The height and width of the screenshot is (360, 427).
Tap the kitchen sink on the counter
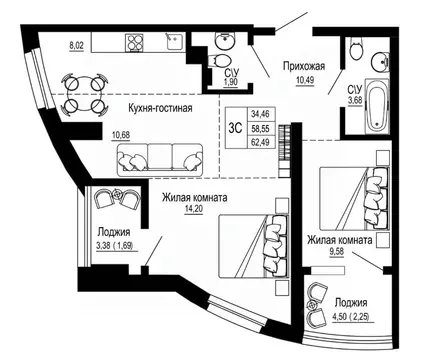(x=174, y=42)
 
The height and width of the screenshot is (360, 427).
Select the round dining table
(x=85, y=95)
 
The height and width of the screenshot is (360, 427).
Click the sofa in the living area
(x=160, y=160)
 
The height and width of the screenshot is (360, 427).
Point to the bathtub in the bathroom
(x=377, y=106)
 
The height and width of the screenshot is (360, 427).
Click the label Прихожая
(x=304, y=66)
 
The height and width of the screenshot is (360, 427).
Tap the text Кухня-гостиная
(x=160, y=108)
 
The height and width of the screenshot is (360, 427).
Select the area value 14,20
(x=194, y=209)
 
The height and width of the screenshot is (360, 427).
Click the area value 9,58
(x=337, y=251)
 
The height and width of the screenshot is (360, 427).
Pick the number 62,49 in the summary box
(x=260, y=142)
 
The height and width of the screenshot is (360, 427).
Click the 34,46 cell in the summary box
(x=260, y=114)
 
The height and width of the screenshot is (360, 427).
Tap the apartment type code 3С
(x=235, y=128)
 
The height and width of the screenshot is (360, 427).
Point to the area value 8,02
(x=76, y=46)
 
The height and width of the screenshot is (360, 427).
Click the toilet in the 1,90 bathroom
(x=219, y=61)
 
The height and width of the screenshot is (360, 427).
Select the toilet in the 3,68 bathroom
(x=357, y=49)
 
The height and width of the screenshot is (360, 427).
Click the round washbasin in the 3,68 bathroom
(x=380, y=61)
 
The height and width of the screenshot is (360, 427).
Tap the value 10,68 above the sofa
(x=121, y=135)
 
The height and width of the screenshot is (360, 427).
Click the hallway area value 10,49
(x=305, y=80)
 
